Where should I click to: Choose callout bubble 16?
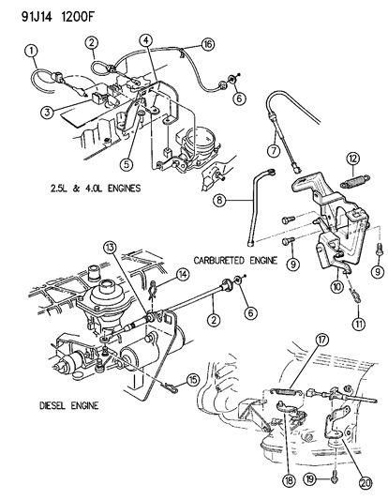tap(206, 44)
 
